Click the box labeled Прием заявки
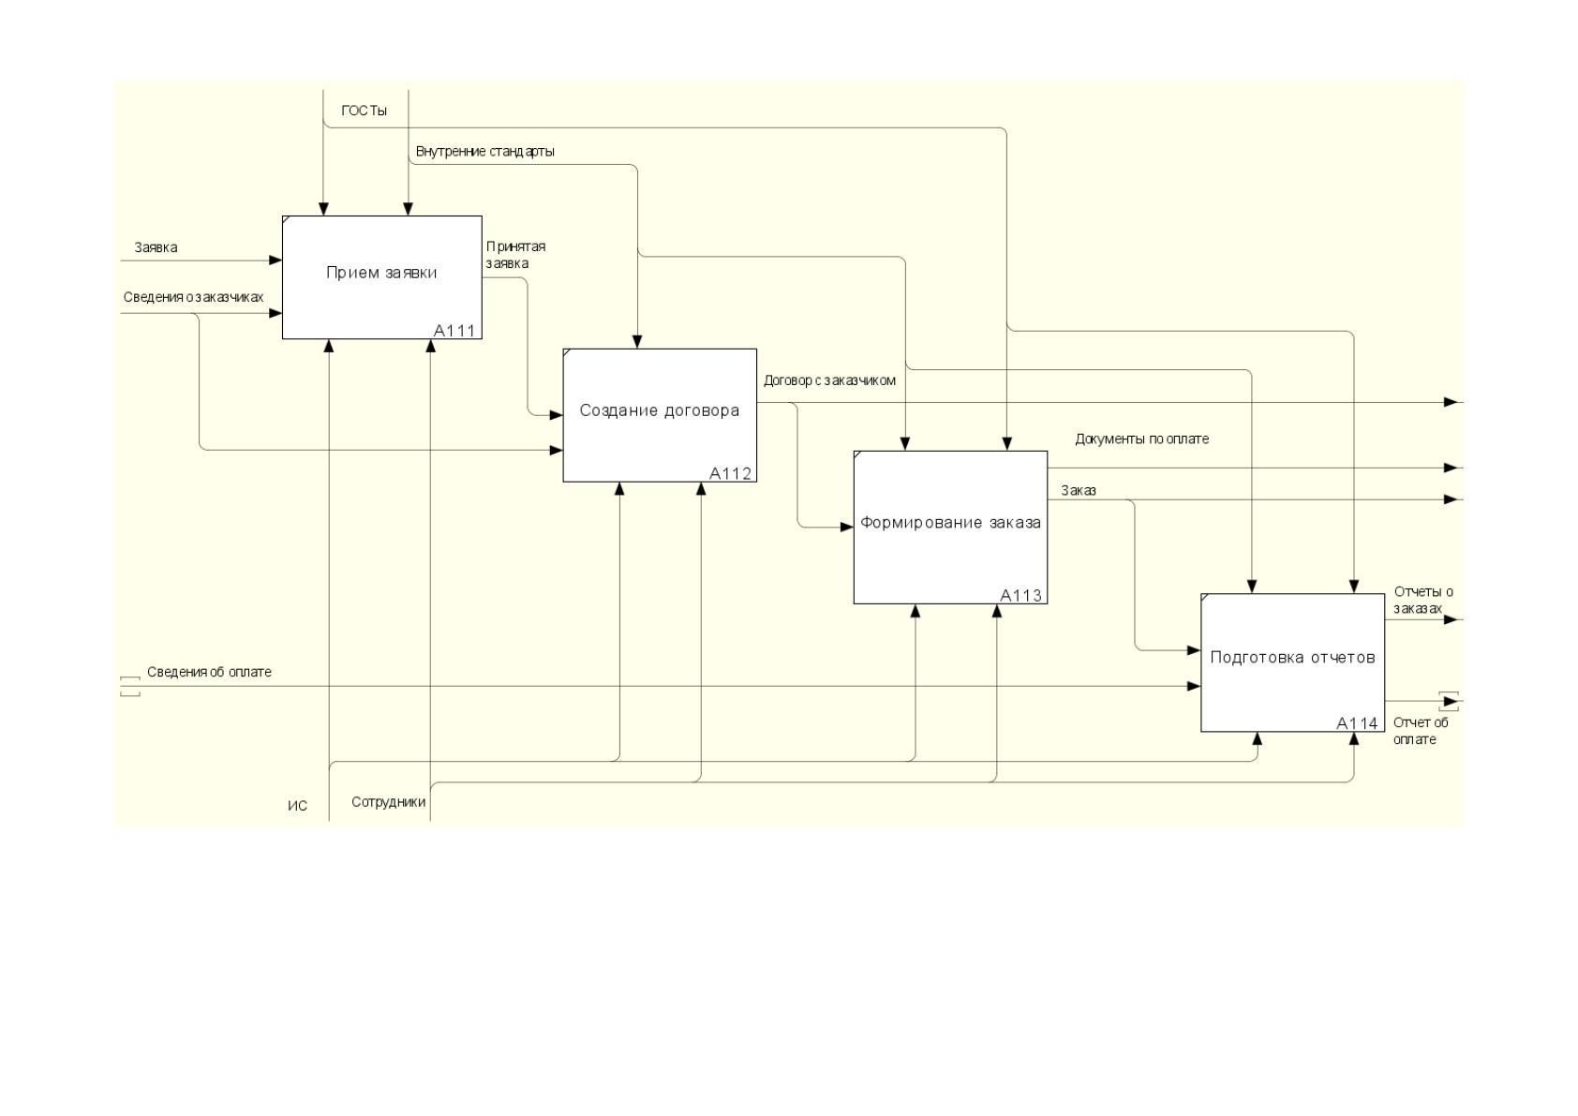pos(381,277)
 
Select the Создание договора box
pos(660,416)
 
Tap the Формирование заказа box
pos(950,528)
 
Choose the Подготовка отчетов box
pos(1293,663)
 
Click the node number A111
pos(454,331)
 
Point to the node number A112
pos(731,473)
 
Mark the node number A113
pos(1020,595)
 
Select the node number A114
pos(1357,722)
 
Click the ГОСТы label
pos(365,111)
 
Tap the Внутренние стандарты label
pos(485,152)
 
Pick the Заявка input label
pos(156,247)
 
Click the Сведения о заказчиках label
pos(193,297)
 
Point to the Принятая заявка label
pos(515,255)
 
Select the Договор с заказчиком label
pos(830,380)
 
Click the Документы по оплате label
pos(1142,439)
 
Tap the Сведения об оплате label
pos(209,672)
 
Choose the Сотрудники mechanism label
pos(388,802)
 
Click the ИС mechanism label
pos(297,806)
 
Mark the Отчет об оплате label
pos(1421,731)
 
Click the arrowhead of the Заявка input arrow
pos(276,260)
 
